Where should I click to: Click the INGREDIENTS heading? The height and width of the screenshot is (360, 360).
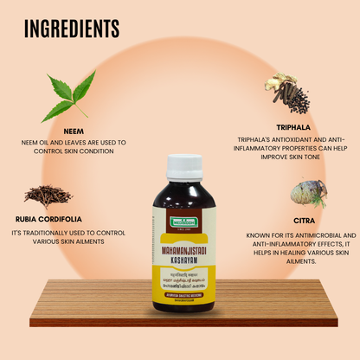[x=72, y=29]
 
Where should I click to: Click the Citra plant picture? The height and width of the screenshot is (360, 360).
[x=308, y=193]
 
